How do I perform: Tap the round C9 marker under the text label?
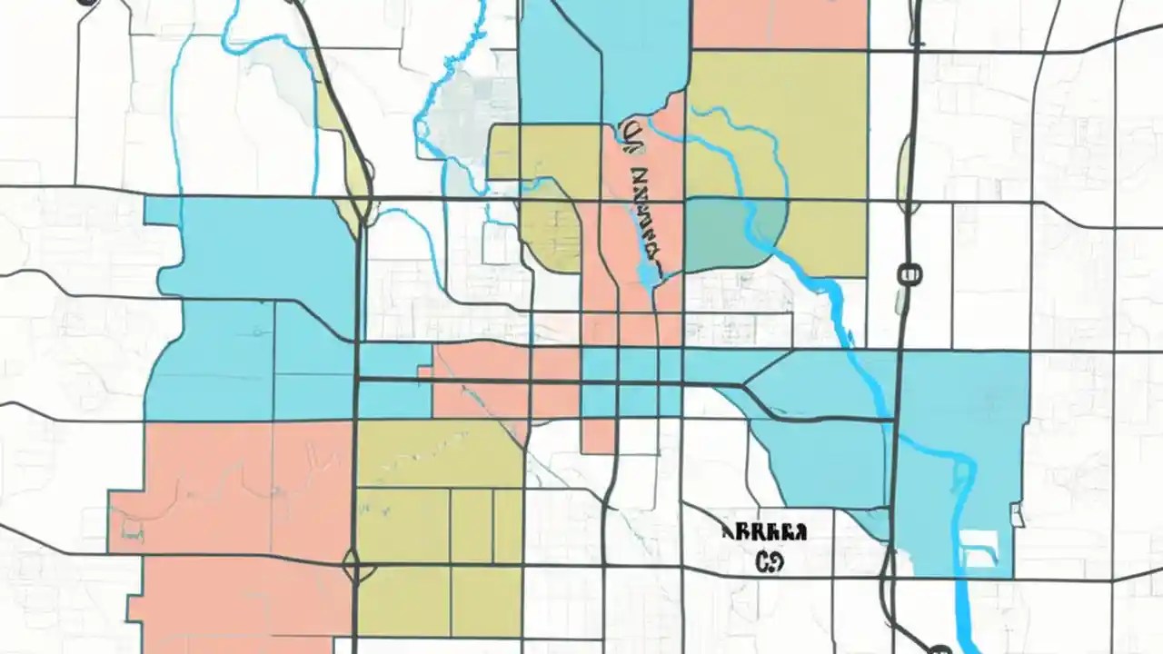click(769, 561)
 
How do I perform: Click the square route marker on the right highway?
click(909, 273)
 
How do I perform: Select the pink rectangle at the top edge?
click(780, 24)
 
